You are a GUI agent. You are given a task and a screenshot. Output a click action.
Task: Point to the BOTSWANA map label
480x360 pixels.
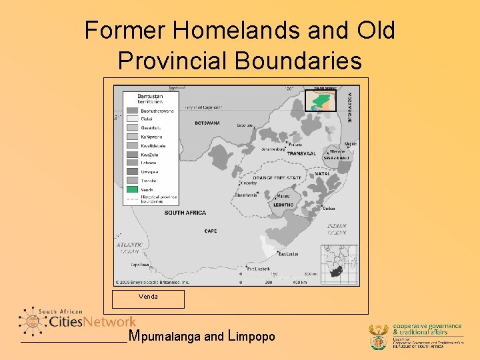pyautogui.click(x=207, y=123)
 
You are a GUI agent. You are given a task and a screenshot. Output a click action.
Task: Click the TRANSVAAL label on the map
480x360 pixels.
pyautogui.click(x=301, y=153)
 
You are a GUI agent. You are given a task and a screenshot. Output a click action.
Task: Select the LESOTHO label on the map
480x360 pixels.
pyautogui.click(x=283, y=205)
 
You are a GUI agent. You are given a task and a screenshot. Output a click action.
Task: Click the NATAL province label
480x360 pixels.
pyautogui.click(x=323, y=174)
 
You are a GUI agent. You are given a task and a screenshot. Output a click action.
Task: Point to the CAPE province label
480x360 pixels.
pyautogui.click(x=211, y=231)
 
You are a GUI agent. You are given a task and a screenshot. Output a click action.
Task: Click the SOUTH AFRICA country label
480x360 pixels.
pyautogui.click(x=185, y=213)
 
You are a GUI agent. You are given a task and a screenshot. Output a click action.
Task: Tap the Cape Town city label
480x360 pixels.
pyautogui.click(x=140, y=265)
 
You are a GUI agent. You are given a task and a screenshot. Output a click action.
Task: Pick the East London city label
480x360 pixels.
pyautogui.click(x=288, y=254)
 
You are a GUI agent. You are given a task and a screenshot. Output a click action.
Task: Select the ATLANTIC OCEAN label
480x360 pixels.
pyautogui.click(x=130, y=248)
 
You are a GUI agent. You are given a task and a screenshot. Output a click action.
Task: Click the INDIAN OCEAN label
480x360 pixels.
pyautogui.click(x=337, y=229)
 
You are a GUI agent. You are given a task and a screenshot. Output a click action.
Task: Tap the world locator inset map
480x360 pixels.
pyautogui.click(x=340, y=265)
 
